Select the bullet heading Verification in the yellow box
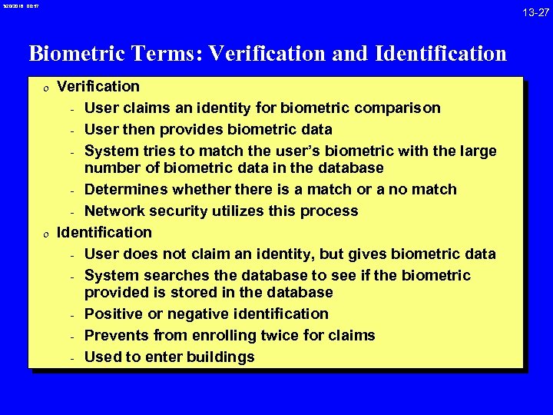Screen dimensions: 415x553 coord(98,86)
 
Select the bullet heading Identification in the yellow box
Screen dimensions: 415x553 coord(104,232)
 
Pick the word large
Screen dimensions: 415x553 coord(478,151)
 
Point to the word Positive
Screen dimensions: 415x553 coord(114,314)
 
